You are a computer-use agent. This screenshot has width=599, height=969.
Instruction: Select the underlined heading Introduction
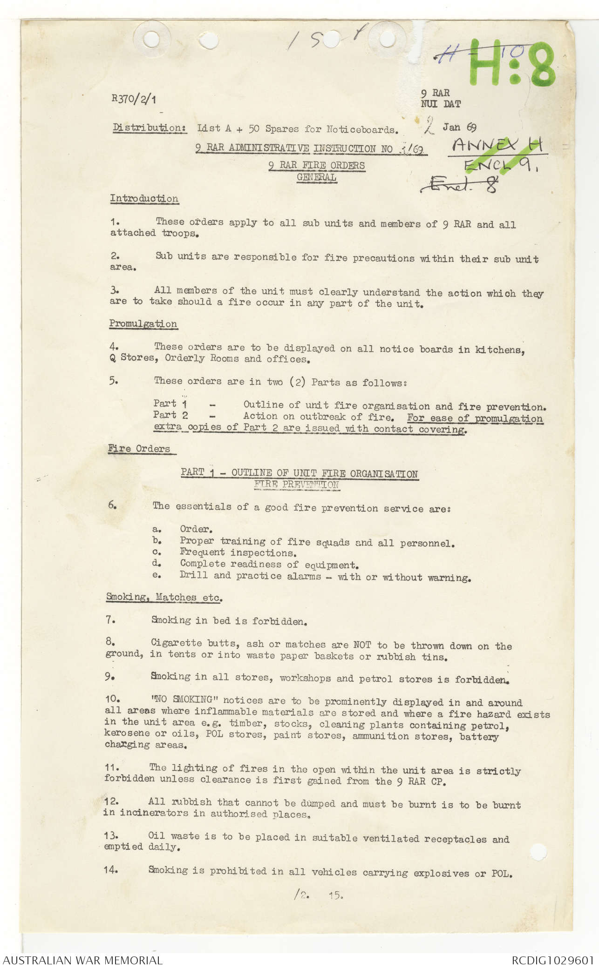pyautogui.click(x=144, y=199)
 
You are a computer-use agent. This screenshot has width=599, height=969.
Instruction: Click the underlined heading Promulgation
pyautogui.click(x=143, y=324)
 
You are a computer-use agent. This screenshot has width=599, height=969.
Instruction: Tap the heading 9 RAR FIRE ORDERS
pyautogui.click(x=316, y=166)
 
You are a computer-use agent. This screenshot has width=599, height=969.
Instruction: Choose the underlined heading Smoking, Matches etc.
pyautogui.click(x=164, y=597)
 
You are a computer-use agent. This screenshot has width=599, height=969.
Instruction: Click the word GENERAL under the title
pyautogui.click(x=316, y=177)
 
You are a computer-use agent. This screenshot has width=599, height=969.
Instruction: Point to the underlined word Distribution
pyautogui.click(x=150, y=128)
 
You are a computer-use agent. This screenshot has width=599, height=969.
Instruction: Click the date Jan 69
pyautogui.click(x=459, y=128)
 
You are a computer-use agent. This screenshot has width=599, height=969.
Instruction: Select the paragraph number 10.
pyautogui.click(x=112, y=700)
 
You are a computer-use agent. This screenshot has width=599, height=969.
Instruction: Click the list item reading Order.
pyautogui.click(x=196, y=529)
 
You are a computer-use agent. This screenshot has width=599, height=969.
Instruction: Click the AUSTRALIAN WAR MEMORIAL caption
pyautogui.click(x=82, y=960)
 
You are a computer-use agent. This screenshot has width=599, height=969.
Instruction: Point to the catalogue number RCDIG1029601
pyautogui.click(x=553, y=960)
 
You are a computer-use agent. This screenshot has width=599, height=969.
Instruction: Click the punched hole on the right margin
pyautogui.click(x=538, y=852)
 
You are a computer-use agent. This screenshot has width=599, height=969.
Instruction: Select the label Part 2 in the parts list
pyautogui.click(x=170, y=415)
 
